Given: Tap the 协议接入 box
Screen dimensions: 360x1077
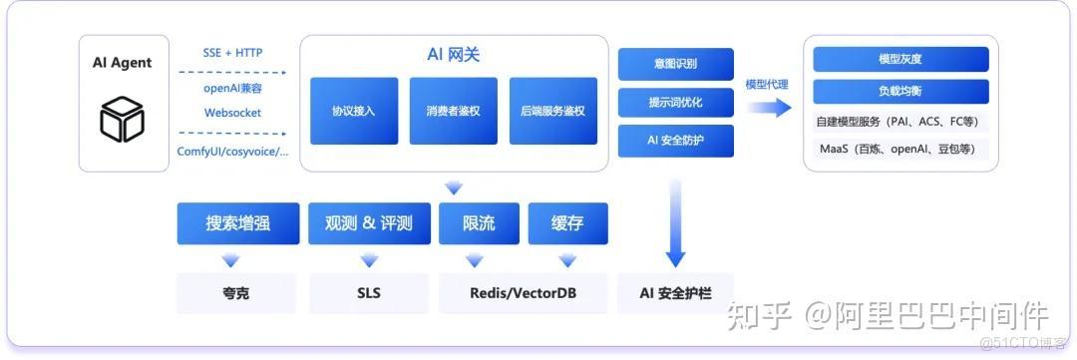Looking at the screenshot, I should tap(354, 111).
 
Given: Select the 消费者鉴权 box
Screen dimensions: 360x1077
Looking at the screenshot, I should tap(454, 111).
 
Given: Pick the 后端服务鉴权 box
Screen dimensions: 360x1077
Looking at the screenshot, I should tap(552, 111).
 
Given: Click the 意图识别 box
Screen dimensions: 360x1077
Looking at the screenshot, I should tap(675, 64).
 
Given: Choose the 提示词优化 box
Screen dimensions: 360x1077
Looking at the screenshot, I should tap(675, 102).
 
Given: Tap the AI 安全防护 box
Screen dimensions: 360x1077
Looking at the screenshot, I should tap(675, 141).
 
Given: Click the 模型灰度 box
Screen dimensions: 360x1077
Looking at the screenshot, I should tap(900, 59).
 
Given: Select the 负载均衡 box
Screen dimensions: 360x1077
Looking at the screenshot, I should tap(900, 92).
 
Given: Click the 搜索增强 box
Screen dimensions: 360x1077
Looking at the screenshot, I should tap(237, 223).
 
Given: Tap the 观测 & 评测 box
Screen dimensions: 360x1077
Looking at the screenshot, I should tap(369, 223).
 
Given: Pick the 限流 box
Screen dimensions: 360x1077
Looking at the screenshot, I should tap(479, 223).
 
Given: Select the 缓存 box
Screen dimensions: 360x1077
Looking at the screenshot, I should tap(567, 223).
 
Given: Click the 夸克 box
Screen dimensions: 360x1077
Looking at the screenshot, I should tap(237, 293).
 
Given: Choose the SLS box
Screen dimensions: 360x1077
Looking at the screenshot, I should tap(369, 293).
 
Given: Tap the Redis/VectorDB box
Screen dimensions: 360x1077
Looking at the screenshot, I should tap(523, 293).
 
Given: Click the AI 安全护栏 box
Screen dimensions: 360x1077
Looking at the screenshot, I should tap(675, 293).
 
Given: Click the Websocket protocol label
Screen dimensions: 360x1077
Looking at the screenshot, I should tap(232, 113).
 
